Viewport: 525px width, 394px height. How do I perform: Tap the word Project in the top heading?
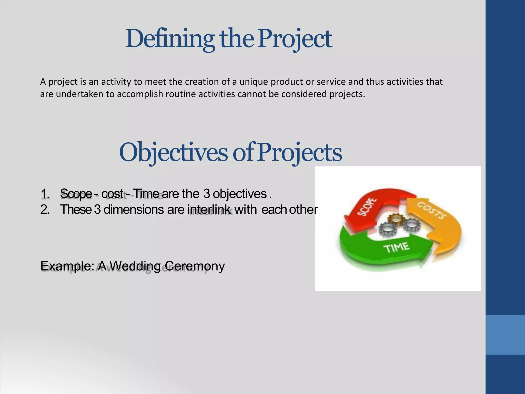pos(295,39)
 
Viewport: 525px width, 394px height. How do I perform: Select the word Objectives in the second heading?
pos(173,153)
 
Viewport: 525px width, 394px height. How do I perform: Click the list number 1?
pos(45,194)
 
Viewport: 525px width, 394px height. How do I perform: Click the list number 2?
pos(45,210)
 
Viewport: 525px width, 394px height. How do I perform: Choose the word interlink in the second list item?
pos(209,210)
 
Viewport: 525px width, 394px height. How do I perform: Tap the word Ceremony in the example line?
pos(195,266)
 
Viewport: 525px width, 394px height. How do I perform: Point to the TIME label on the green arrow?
pos(396,248)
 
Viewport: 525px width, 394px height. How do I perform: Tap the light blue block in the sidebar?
pos(505,335)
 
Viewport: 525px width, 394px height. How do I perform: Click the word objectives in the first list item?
pos(240,194)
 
